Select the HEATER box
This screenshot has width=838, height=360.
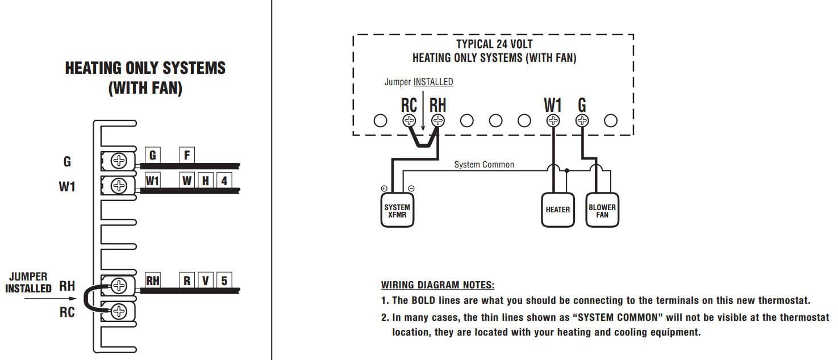pos(557,210)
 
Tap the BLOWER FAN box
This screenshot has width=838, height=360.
pos(602,211)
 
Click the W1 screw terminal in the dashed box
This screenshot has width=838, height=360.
pos(552,120)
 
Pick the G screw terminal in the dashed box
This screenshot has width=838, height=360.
pos(582,120)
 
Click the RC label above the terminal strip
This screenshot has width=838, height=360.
pos(408,106)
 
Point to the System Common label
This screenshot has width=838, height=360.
pos(483,165)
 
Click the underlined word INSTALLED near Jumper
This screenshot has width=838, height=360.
pos(433,82)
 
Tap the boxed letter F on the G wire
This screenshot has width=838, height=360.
pos(186,154)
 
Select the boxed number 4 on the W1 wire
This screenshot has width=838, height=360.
pos(224,181)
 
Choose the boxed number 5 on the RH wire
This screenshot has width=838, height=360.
pos(224,280)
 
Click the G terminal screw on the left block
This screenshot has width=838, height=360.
pos(118,161)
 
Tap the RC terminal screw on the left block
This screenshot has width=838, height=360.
pos(118,311)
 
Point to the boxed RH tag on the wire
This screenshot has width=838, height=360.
pos(152,280)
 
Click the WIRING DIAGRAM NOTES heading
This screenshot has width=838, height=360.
pos(437,285)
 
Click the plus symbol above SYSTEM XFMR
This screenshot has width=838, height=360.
pos(384,189)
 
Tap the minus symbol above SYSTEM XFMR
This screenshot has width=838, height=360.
pos(411,189)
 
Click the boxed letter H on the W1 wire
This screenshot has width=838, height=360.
pos(206,181)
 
